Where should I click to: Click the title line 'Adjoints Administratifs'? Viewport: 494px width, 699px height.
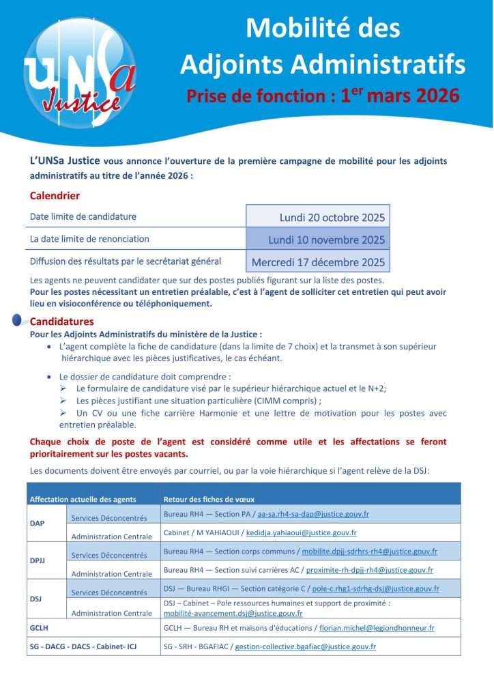(x=322, y=64)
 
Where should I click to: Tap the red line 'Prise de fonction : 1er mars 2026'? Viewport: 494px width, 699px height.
(x=323, y=95)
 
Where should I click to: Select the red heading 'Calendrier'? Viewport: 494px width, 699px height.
(x=55, y=196)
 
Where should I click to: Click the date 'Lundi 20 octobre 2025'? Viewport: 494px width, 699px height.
(x=332, y=218)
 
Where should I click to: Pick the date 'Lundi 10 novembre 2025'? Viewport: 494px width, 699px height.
(x=326, y=240)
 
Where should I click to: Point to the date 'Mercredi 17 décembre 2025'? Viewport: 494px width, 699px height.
(x=318, y=261)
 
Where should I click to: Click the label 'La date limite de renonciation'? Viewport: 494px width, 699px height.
(x=89, y=239)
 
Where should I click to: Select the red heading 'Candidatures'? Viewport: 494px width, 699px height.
(x=62, y=321)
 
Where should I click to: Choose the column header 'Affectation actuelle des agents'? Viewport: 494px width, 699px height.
(x=83, y=499)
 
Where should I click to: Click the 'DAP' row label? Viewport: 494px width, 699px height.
(x=37, y=524)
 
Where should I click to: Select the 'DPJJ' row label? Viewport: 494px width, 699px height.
(x=38, y=560)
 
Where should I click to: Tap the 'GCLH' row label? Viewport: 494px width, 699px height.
(x=39, y=627)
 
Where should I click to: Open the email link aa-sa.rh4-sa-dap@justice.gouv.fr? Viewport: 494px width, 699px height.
(x=313, y=514)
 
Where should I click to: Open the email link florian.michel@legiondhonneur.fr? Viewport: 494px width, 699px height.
(x=375, y=627)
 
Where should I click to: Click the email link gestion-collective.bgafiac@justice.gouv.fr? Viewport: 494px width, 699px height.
(x=305, y=646)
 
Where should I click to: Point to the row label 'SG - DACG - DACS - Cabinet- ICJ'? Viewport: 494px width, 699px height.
(x=83, y=646)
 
